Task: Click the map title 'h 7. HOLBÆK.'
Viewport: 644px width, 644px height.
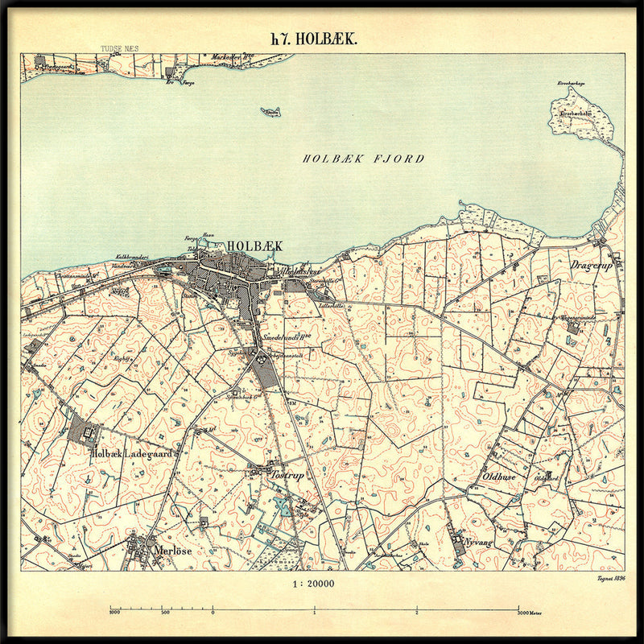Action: [314, 39]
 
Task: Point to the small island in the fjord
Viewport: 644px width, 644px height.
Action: [271, 112]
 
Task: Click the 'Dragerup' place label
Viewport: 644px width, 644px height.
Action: [592, 264]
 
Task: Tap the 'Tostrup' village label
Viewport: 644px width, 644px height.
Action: [287, 474]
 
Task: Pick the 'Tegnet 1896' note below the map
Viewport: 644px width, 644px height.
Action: [611, 578]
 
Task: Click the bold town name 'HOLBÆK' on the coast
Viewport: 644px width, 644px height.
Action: [254, 246]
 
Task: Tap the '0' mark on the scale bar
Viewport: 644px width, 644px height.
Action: [213, 612]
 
